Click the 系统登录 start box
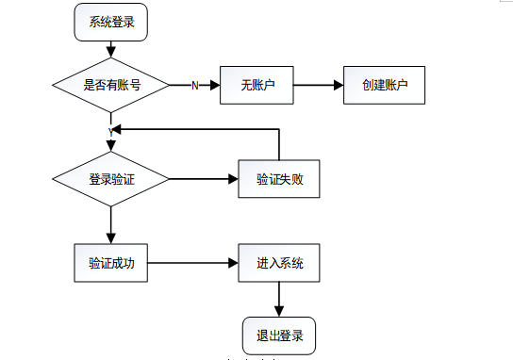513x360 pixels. pyautogui.click(x=111, y=23)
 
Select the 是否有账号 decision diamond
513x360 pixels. pyautogui.click(x=111, y=85)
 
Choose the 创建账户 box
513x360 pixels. pyautogui.click(x=384, y=85)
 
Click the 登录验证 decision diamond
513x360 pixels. pyautogui.click(x=111, y=179)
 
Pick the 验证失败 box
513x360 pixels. pyautogui.click(x=279, y=179)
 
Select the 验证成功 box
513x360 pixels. pyautogui.click(x=111, y=263)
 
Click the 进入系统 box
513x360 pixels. pyautogui.click(x=279, y=263)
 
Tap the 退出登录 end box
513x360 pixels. pyautogui.click(x=279, y=334)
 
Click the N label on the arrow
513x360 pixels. pyautogui.click(x=195, y=86)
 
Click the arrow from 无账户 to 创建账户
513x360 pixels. pyautogui.click(x=317, y=85)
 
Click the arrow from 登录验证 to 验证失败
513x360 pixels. pyautogui.click(x=203, y=179)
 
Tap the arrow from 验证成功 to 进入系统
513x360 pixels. pyautogui.click(x=193, y=263)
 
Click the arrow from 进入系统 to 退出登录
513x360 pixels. pyautogui.click(x=279, y=299)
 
